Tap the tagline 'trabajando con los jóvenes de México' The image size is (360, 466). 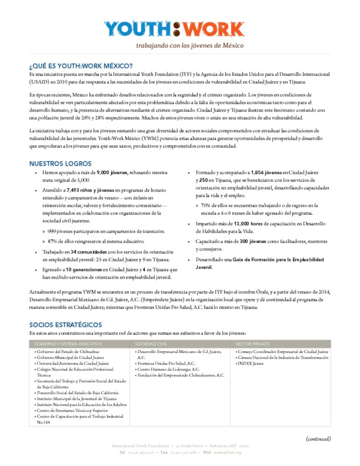190,46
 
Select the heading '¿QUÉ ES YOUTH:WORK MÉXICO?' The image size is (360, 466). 81,66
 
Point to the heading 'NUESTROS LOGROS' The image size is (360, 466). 61,163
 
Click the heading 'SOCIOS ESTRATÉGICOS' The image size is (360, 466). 66,325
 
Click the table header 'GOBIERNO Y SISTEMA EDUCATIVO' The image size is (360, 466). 68,344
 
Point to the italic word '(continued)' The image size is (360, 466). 318,439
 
